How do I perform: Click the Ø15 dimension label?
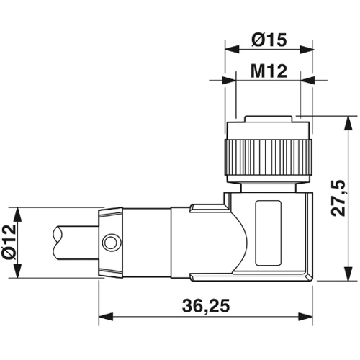(x=270, y=41)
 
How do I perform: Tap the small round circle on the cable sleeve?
(x=109, y=243)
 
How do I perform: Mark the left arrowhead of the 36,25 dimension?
(x=102, y=315)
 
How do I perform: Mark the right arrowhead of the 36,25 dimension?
(x=310, y=315)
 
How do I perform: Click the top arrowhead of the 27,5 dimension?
(x=348, y=120)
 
